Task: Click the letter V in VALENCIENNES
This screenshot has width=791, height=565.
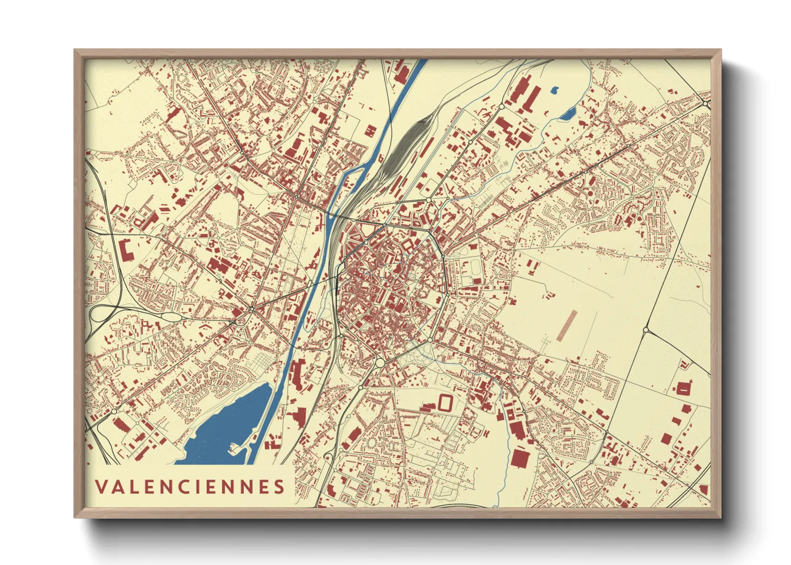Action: tap(101, 486)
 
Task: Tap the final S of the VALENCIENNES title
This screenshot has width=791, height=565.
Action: tap(278, 486)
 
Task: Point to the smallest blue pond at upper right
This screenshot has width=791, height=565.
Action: tap(554, 90)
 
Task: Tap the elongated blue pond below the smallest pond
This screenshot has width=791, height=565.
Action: tap(568, 113)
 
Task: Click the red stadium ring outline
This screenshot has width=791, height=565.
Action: tap(444, 402)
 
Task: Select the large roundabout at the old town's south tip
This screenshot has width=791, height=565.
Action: tap(380, 363)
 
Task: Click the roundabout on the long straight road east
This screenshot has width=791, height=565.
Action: tap(646, 329)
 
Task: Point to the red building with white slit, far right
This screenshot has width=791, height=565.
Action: tap(683, 388)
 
